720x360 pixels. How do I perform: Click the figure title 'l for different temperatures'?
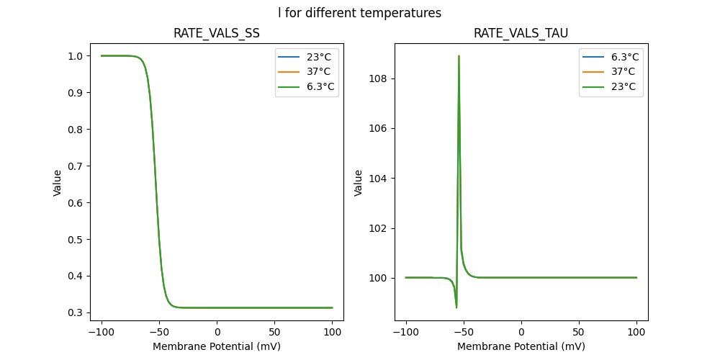point(359,13)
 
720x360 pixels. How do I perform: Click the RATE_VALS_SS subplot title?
point(217,33)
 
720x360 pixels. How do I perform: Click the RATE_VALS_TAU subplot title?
point(521,33)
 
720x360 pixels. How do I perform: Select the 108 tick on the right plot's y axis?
point(379,78)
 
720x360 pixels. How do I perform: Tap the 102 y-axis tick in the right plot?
point(379,228)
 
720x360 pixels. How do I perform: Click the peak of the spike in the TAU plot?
point(459,55)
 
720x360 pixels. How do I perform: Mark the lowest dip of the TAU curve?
point(456,307)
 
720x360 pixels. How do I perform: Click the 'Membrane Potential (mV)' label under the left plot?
point(217,346)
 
